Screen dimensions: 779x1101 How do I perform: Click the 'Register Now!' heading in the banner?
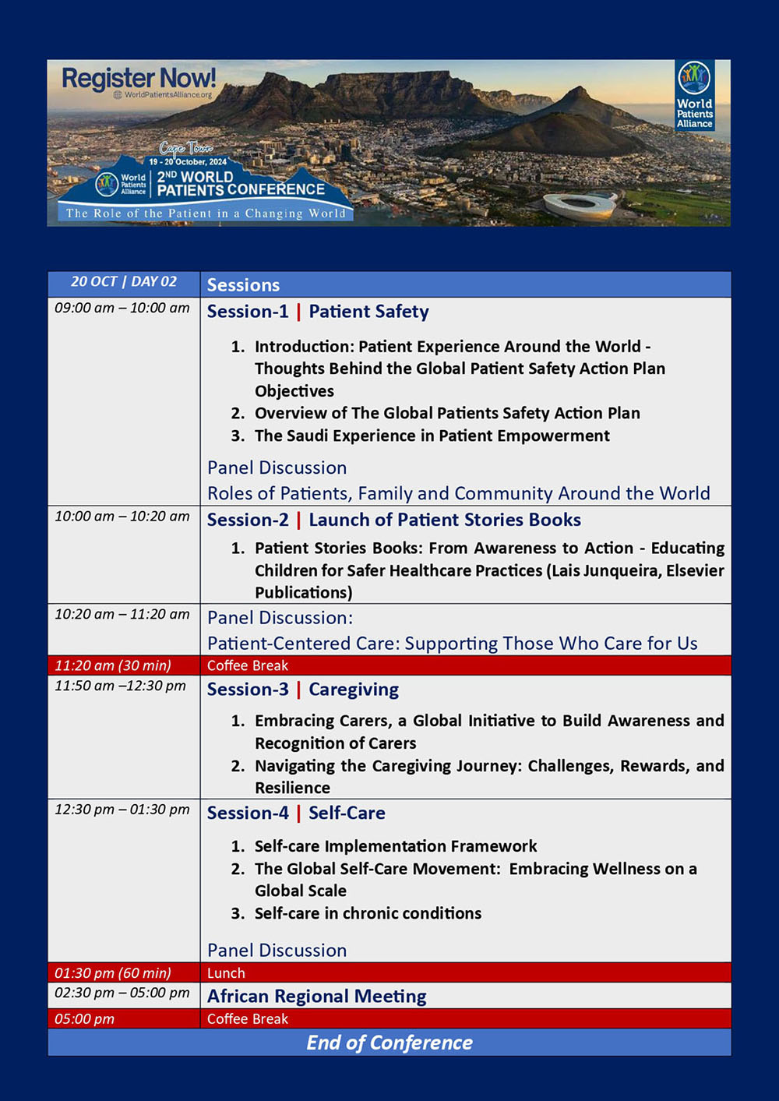pos(139,79)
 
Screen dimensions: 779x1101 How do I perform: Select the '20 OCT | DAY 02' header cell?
pos(124,282)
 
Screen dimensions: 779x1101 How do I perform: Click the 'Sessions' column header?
pos(243,285)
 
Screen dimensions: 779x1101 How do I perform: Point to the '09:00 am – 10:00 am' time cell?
pos(122,308)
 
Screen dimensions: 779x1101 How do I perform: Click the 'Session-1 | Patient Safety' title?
pos(318,312)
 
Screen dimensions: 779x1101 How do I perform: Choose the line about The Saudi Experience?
pos(432,436)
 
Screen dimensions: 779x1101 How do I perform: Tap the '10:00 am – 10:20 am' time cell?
pos(122,516)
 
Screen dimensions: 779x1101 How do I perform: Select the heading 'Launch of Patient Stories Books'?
pos(444,520)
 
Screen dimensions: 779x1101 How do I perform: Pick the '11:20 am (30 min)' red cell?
pos(113,665)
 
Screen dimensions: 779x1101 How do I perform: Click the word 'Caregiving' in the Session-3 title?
pos(354,690)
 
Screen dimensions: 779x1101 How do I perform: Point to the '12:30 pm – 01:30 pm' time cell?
pos(122,810)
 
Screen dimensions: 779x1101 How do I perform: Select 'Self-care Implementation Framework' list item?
pos(395,846)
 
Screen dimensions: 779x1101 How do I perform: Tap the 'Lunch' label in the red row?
pos(226,973)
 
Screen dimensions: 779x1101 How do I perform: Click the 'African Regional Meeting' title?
pos(316,997)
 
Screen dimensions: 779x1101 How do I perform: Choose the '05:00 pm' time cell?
pos(84,1019)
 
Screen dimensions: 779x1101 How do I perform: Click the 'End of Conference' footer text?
pos(389,1043)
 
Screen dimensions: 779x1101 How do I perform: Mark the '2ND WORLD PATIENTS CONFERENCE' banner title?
pos(240,183)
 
